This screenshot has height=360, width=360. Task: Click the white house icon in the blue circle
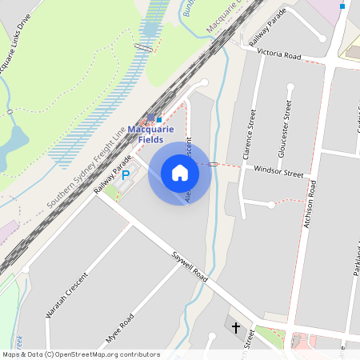179,173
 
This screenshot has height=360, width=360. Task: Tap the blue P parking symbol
126,174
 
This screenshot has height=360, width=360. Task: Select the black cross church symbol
236,327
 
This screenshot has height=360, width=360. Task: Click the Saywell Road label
190,267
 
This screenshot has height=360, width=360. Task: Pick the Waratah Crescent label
66,296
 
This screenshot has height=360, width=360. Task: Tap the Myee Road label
119,329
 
